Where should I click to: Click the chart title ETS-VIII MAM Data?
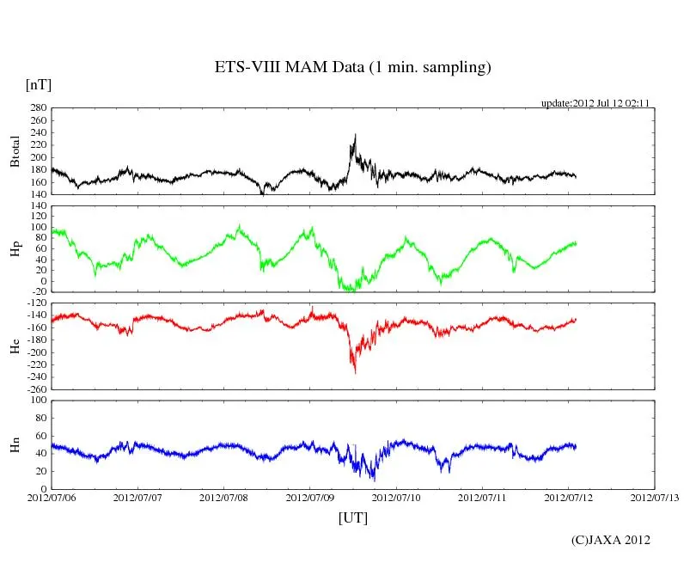[x=352, y=68]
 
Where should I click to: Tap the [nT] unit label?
[x=38, y=84]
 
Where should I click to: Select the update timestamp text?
[x=595, y=103]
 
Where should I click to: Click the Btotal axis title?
[x=15, y=151]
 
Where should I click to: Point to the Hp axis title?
[x=15, y=249]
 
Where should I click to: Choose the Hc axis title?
[x=15, y=346]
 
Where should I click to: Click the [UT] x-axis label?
[x=353, y=517]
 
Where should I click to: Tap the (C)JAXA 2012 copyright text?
[x=611, y=540]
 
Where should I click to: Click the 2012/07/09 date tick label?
[x=311, y=497]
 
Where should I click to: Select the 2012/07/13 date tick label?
[x=655, y=497]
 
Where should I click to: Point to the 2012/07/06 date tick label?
[x=52, y=497]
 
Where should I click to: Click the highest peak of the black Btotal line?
[x=355, y=134]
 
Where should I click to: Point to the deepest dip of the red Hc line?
[x=355, y=372]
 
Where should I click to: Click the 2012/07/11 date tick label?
[x=483, y=497]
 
